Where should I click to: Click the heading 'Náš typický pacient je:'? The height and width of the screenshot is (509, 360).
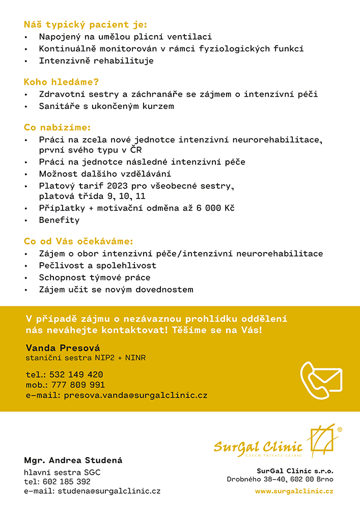click(x=85, y=24)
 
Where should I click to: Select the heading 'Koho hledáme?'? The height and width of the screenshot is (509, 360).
click(x=61, y=82)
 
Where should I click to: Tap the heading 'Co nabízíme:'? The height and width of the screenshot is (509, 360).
click(x=57, y=127)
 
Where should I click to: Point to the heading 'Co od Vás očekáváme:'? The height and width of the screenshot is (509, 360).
click(x=78, y=241)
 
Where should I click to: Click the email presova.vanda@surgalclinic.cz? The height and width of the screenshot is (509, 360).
click(x=135, y=395)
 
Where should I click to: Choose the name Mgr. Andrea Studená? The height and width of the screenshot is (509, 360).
click(x=73, y=461)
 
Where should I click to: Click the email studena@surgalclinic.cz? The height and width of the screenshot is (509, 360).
click(x=108, y=491)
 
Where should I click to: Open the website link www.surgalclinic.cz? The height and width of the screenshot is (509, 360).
click(x=294, y=491)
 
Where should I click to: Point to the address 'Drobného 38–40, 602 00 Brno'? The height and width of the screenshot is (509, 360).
click(x=280, y=479)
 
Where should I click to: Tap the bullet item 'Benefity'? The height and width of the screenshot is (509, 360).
click(x=59, y=220)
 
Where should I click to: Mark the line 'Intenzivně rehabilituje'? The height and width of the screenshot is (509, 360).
click(x=96, y=61)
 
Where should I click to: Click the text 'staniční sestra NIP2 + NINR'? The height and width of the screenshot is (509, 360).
click(x=86, y=358)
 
